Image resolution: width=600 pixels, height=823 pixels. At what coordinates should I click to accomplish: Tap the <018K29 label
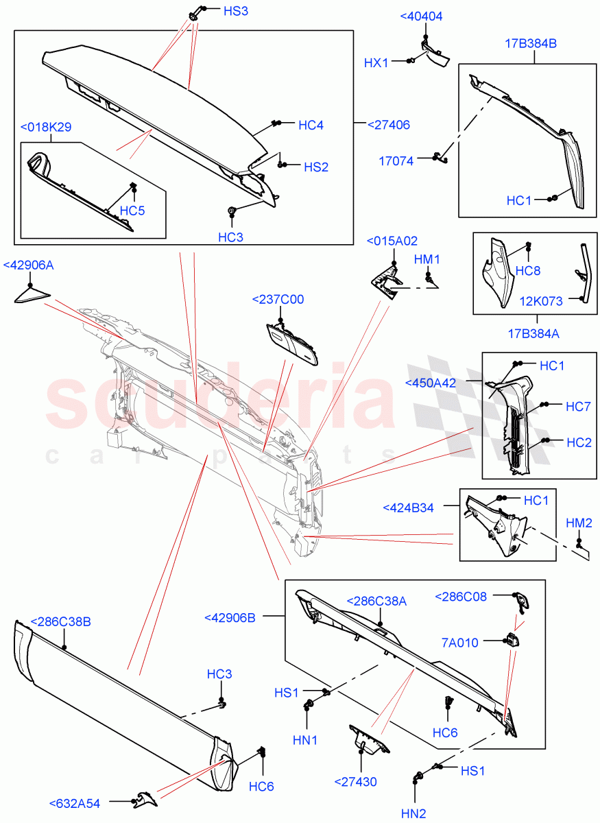46,127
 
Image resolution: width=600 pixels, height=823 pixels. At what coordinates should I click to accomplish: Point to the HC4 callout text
311,126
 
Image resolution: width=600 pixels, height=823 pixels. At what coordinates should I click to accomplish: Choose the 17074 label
396,162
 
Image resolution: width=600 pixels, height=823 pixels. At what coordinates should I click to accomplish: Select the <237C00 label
278,300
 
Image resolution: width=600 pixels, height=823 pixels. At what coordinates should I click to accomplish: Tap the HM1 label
427,259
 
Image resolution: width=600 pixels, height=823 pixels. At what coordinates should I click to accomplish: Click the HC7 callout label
578,407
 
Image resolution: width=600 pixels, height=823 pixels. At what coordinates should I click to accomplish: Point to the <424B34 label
408,508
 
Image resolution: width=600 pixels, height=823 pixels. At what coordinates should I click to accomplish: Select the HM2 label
579,523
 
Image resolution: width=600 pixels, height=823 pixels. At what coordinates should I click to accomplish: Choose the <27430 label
356,781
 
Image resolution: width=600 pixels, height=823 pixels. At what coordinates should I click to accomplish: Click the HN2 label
413,813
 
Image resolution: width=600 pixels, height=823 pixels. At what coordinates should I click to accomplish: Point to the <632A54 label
74,804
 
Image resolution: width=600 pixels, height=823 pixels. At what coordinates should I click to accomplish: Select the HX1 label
376,62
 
